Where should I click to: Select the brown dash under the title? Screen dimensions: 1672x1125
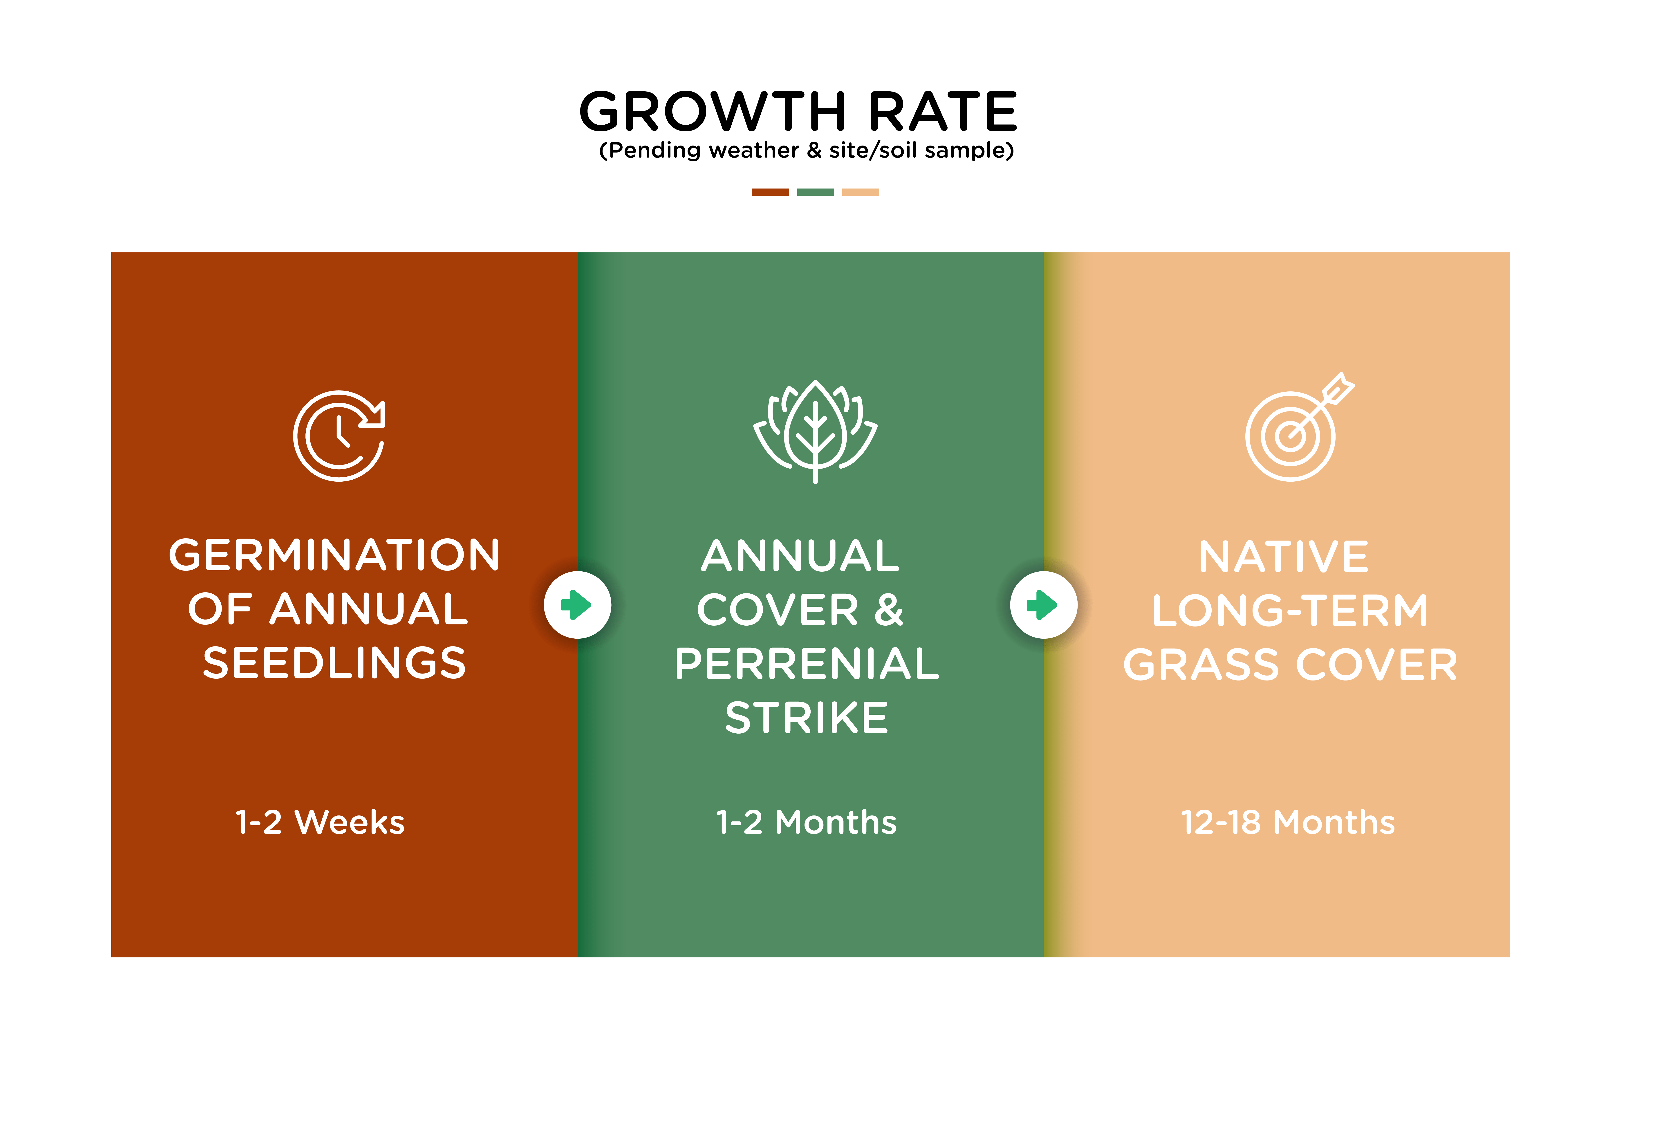[770, 192]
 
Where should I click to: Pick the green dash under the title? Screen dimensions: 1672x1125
[815, 192]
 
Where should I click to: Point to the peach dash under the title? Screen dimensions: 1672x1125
[860, 192]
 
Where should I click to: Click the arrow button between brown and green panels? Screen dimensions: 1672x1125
[577, 605]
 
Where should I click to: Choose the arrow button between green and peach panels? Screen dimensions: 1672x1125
[1044, 605]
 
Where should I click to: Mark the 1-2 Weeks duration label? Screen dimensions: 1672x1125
[320, 822]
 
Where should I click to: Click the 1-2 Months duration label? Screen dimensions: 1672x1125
[806, 822]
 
